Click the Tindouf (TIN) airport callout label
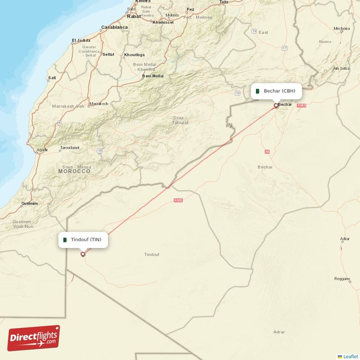(83, 239)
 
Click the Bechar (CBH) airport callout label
(276, 91)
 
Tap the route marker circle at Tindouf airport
(83, 254)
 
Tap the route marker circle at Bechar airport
(276, 106)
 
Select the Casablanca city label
(114, 27)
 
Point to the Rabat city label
(134, 16)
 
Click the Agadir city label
(42, 150)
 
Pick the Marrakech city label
(99, 104)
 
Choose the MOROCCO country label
(74, 171)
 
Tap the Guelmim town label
(30, 203)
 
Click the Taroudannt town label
(70, 148)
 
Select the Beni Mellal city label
(153, 76)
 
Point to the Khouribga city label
(135, 54)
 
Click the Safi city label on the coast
(52, 78)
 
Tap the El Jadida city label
(81, 41)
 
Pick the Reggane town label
(342, 279)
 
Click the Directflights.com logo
(34, 338)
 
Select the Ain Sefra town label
(340, 68)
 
